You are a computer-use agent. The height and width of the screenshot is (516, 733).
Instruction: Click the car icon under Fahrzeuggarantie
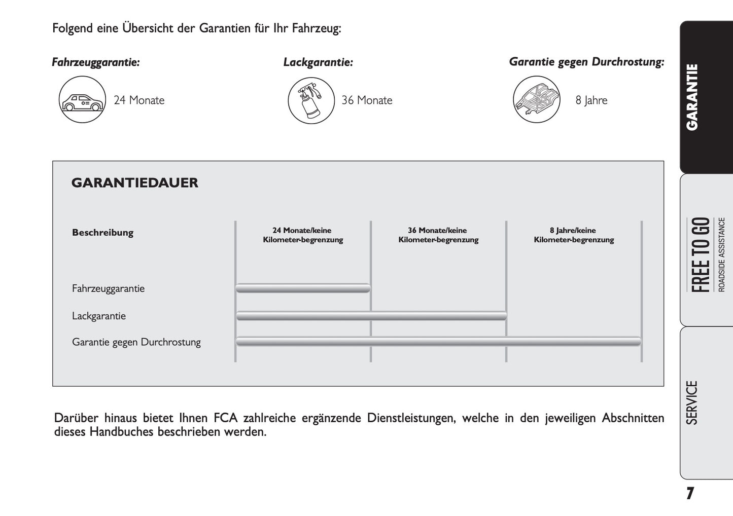(x=82, y=100)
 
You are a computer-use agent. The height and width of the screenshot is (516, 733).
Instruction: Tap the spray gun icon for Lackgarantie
(x=311, y=100)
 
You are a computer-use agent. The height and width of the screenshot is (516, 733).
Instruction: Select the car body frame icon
(x=536, y=99)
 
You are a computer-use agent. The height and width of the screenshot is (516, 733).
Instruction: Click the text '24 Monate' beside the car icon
(x=139, y=100)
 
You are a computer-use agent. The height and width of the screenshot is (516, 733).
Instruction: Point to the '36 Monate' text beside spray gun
(x=367, y=100)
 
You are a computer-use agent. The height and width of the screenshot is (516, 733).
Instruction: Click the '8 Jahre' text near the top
(x=591, y=100)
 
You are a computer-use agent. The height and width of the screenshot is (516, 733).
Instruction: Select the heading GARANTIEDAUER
(x=135, y=183)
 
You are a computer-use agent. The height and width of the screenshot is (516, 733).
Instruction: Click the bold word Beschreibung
(x=102, y=233)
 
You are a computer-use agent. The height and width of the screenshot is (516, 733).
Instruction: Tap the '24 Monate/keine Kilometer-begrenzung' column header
(x=303, y=235)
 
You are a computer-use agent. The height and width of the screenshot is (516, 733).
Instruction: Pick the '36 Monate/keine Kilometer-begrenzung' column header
(x=438, y=235)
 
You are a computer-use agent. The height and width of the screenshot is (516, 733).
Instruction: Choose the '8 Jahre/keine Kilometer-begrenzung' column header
(x=574, y=235)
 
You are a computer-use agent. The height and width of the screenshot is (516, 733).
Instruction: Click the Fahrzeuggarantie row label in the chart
(x=108, y=288)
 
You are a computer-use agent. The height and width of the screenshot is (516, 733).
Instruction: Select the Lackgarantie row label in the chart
(x=99, y=316)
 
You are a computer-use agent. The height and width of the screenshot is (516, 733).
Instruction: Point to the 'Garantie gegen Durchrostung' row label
(x=136, y=342)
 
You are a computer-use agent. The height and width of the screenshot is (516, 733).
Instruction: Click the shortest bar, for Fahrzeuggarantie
(x=303, y=288)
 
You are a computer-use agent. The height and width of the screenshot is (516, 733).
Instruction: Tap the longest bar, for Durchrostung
(x=438, y=342)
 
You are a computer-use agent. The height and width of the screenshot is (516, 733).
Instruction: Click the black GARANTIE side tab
(x=706, y=97)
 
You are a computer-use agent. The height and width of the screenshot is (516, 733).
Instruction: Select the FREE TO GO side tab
(x=706, y=253)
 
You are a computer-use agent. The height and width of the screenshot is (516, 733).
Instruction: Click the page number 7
(x=689, y=493)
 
